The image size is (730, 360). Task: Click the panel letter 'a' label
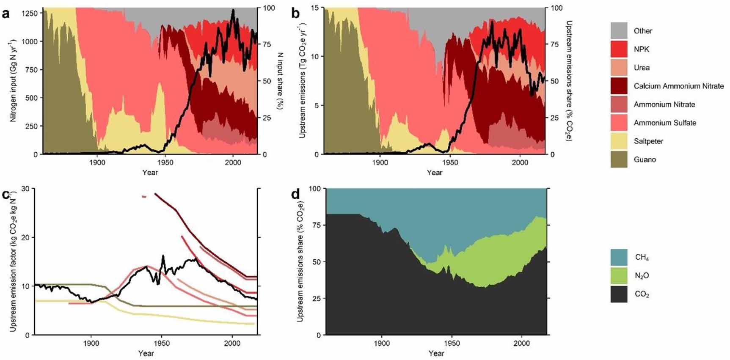(6, 14)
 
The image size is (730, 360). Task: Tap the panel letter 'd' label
(295, 194)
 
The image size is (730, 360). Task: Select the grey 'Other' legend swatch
(619, 31)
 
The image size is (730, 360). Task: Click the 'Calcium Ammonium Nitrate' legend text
(678, 86)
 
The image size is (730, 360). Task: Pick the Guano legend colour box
(619, 159)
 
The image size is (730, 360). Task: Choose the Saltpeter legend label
(648, 141)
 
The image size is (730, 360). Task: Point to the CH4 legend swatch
(619, 257)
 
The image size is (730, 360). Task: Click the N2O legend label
(642, 276)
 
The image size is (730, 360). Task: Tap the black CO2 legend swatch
(619, 294)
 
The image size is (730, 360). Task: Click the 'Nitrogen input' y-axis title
(13, 80)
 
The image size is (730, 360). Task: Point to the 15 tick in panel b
(316, 8)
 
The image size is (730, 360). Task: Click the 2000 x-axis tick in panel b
(520, 162)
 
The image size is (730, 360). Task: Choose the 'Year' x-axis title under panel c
(146, 353)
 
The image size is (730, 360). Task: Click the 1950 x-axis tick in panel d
(452, 344)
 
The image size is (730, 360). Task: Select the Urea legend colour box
(619, 68)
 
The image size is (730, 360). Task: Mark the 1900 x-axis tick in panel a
(97, 162)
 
